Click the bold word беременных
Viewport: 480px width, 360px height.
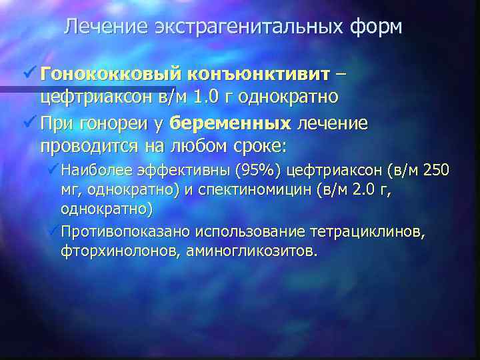(x=231, y=123)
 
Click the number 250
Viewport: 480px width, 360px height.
(x=437, y=170)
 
